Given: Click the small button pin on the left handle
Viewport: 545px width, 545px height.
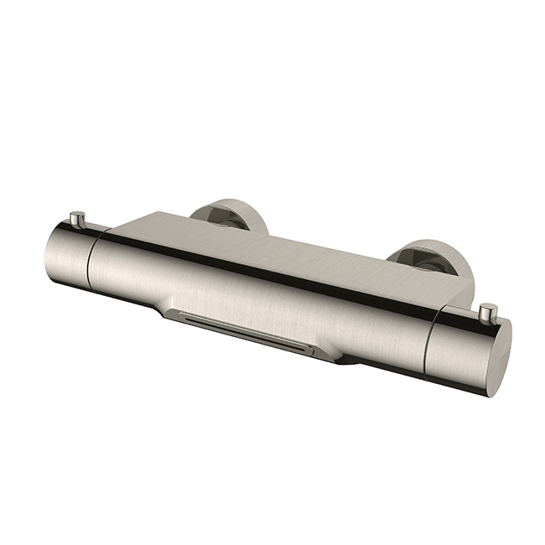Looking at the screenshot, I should coord(78,220).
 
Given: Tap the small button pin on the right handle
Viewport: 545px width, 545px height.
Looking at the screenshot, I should coord(487,313).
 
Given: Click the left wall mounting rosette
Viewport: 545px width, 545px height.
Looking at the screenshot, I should coord(228,214).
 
